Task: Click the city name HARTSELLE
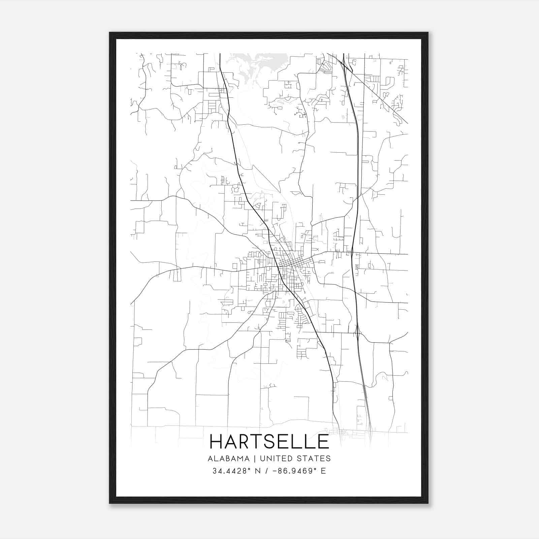tap(269, 442)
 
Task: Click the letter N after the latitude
tap(259, 471)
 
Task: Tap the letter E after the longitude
tap(323, 471)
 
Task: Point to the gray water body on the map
tap(256, 64)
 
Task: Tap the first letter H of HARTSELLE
tap(216, 442)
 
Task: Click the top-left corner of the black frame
tap(110, 33)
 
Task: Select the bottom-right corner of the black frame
tap(428, 503)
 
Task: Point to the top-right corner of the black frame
tap(428, 33)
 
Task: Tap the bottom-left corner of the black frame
tap(110, 503)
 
